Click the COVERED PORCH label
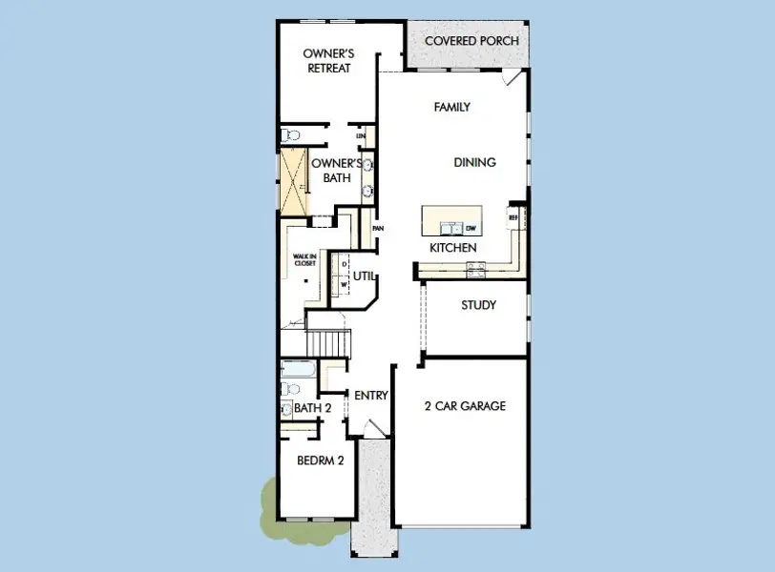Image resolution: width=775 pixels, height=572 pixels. click(471, 41)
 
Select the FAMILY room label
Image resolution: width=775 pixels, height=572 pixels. click(451, 108)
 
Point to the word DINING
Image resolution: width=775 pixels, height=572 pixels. click(474, 163)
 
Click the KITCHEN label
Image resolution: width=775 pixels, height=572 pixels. click(452, 248)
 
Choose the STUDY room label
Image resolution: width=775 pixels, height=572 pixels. click(478, 306)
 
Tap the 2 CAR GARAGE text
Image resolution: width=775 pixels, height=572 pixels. click(465, 406)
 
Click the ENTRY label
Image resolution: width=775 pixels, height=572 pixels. click(370, 396)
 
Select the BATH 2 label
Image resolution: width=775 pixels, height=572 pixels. click(312, 408)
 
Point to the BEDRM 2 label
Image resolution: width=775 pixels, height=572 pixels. click(320, 460)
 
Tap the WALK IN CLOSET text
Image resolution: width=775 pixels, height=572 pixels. click(304, 259)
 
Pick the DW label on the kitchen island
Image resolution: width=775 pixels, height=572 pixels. click(470, 228)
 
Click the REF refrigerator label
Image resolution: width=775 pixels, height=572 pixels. click(513, 217)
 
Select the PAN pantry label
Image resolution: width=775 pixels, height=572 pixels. click(378, 229)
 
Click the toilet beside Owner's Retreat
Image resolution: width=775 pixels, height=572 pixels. click(290, 136)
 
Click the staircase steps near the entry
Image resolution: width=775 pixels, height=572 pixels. click(327, 341)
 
